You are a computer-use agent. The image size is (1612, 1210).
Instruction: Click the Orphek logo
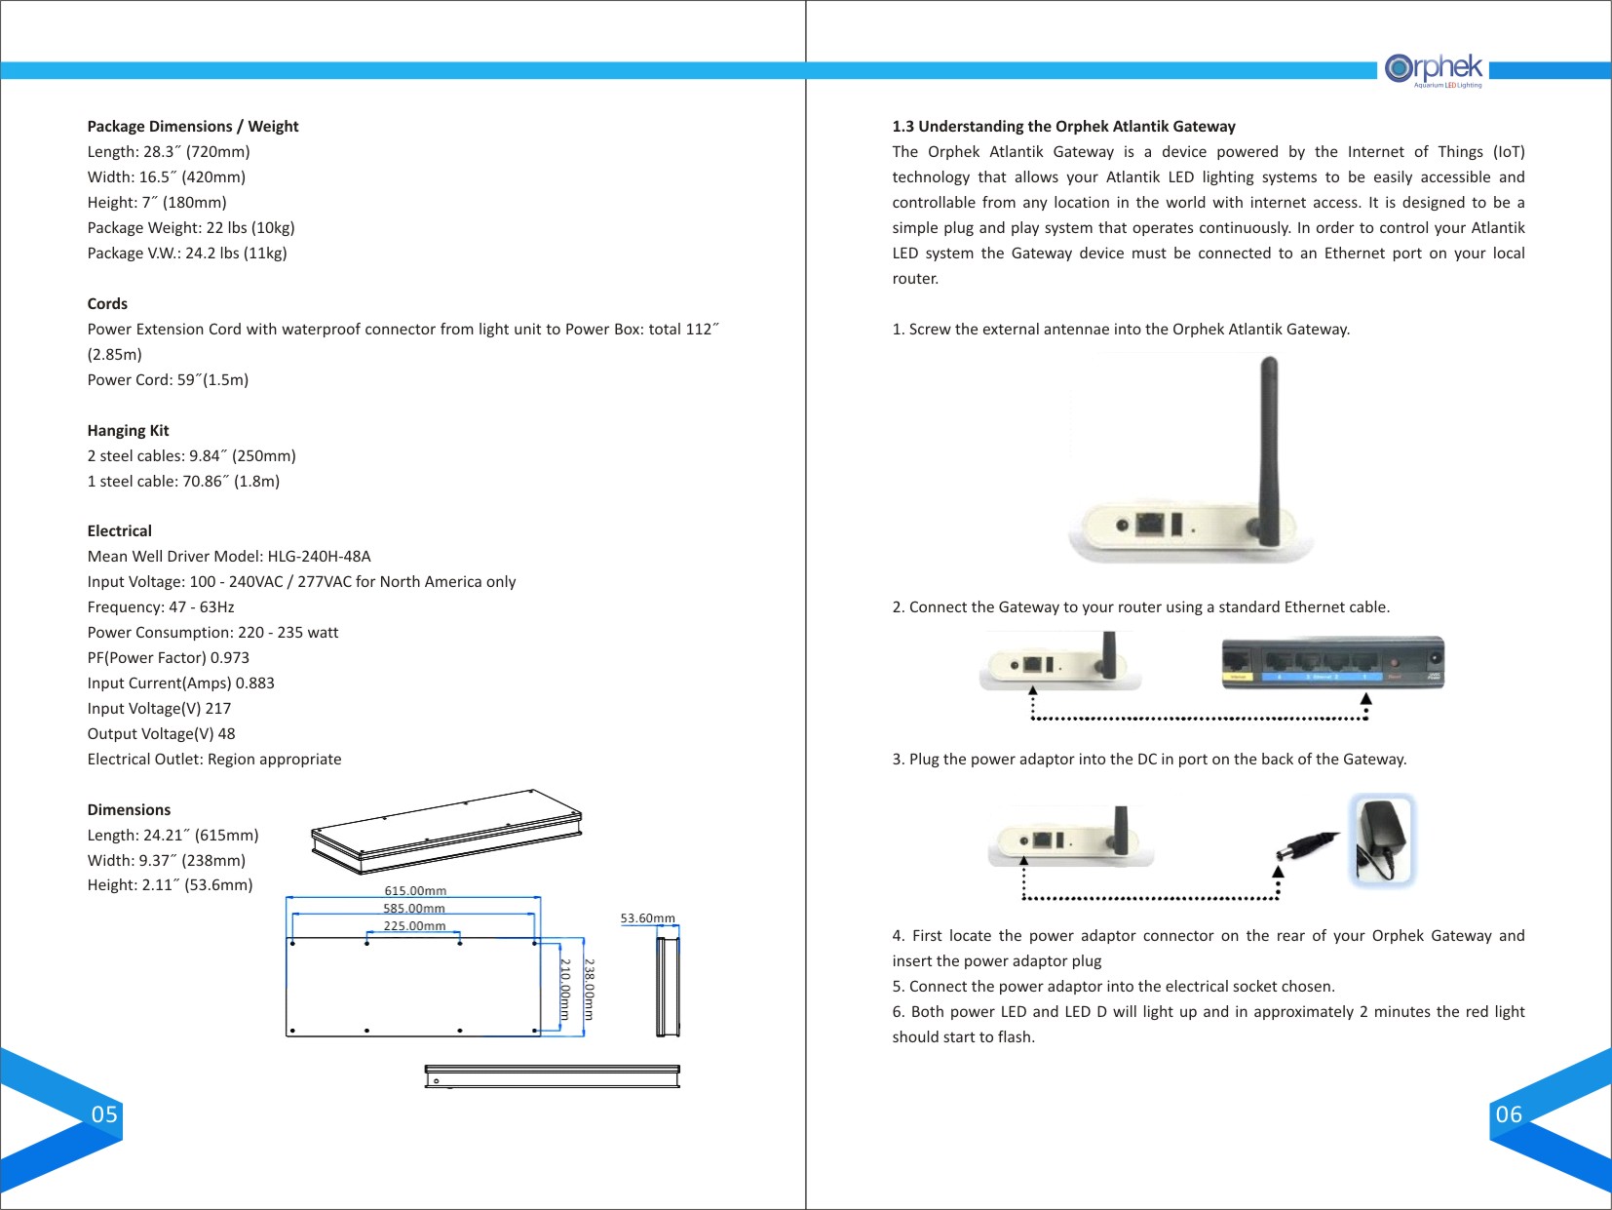(1434, 69)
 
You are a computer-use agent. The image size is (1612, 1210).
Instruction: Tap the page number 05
(104, 1114)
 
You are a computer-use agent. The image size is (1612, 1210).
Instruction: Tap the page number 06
(1509, 1114)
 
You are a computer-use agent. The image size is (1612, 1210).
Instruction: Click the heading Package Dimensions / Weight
(193, 127)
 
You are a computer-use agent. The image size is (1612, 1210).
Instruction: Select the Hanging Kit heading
(128, 431)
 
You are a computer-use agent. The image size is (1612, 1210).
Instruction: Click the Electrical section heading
(119, 531)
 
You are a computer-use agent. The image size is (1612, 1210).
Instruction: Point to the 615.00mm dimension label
(415, 891)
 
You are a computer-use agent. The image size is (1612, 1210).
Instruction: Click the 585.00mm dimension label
(414, 909)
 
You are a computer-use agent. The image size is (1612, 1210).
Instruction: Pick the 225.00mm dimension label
(414, 926)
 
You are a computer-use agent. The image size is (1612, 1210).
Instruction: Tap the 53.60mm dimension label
(647, 918)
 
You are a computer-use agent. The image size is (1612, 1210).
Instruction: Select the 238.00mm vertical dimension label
(589, 989)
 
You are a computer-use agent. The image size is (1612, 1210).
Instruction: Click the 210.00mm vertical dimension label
(565, 989)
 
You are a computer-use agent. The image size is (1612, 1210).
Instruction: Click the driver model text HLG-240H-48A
(319, 557)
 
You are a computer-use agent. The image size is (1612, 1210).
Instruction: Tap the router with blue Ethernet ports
(1332, 663)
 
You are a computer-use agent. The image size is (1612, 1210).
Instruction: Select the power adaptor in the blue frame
(1382, 839)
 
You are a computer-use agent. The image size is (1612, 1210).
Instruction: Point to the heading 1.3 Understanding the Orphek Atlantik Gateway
(1063, 127)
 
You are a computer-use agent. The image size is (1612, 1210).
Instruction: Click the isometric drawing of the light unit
(446, 832)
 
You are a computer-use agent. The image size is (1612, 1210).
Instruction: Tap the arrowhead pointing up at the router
(1366, 699)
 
